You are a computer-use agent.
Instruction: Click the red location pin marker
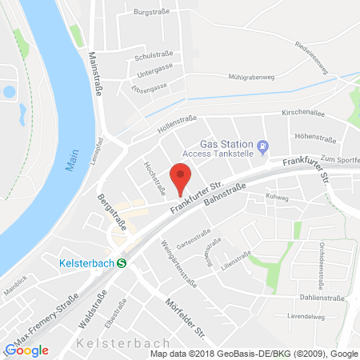click(182, 177)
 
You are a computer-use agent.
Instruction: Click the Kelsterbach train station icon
click(122, 261)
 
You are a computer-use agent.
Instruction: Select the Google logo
click(26, 350)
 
